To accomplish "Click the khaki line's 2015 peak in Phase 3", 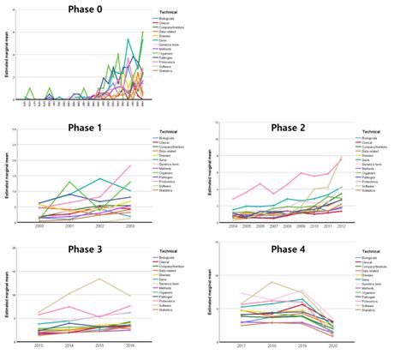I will (x=100, y=279).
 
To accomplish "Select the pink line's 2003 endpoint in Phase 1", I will (x=130, y=165).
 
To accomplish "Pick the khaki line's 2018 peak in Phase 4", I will (x=273, y=282).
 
